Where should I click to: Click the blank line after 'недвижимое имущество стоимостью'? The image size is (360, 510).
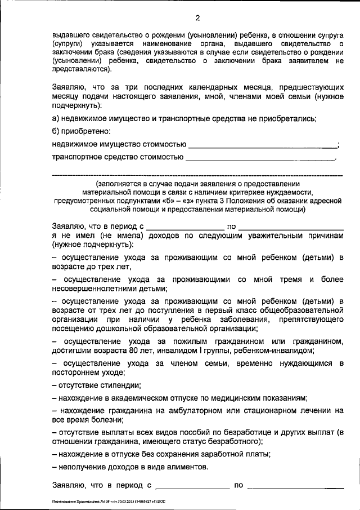pos(262,145)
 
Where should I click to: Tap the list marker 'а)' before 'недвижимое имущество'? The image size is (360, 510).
pos(56,118)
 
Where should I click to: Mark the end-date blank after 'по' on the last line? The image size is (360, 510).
pos(295,485)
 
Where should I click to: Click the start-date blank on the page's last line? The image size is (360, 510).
pos(192,485)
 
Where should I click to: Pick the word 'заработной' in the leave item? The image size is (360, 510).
pos(206,454)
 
